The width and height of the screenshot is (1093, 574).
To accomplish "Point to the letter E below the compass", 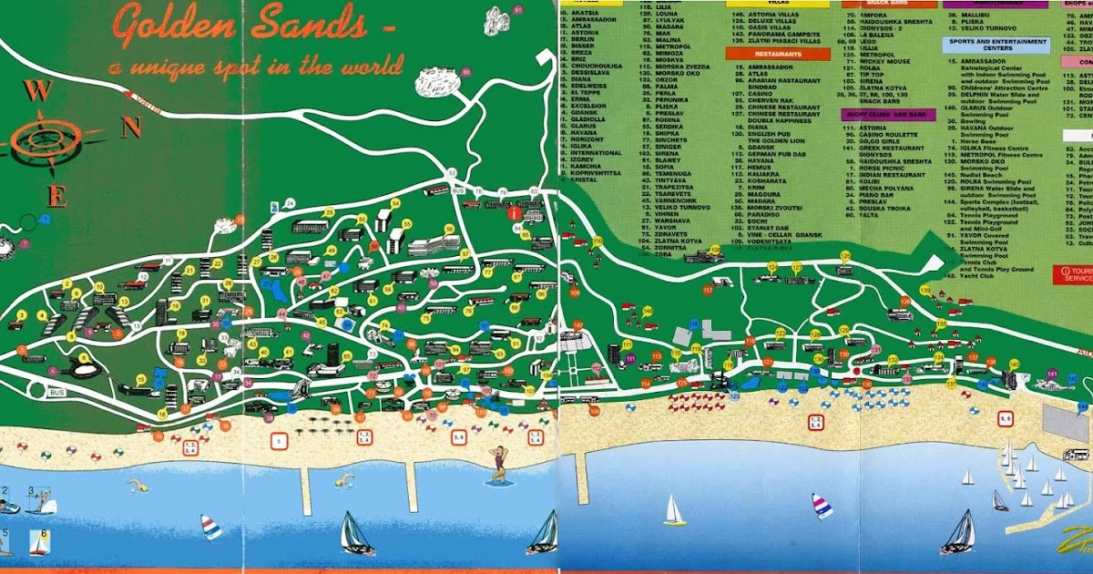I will coord(56,195).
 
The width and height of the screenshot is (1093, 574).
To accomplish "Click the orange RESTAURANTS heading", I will coord(765,55).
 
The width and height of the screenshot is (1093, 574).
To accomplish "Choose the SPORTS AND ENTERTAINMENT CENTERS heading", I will coord(998,44).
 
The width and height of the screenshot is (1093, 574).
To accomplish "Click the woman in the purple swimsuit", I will coord(499,465).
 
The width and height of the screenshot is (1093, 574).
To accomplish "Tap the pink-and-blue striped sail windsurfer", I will coord(822,506).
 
